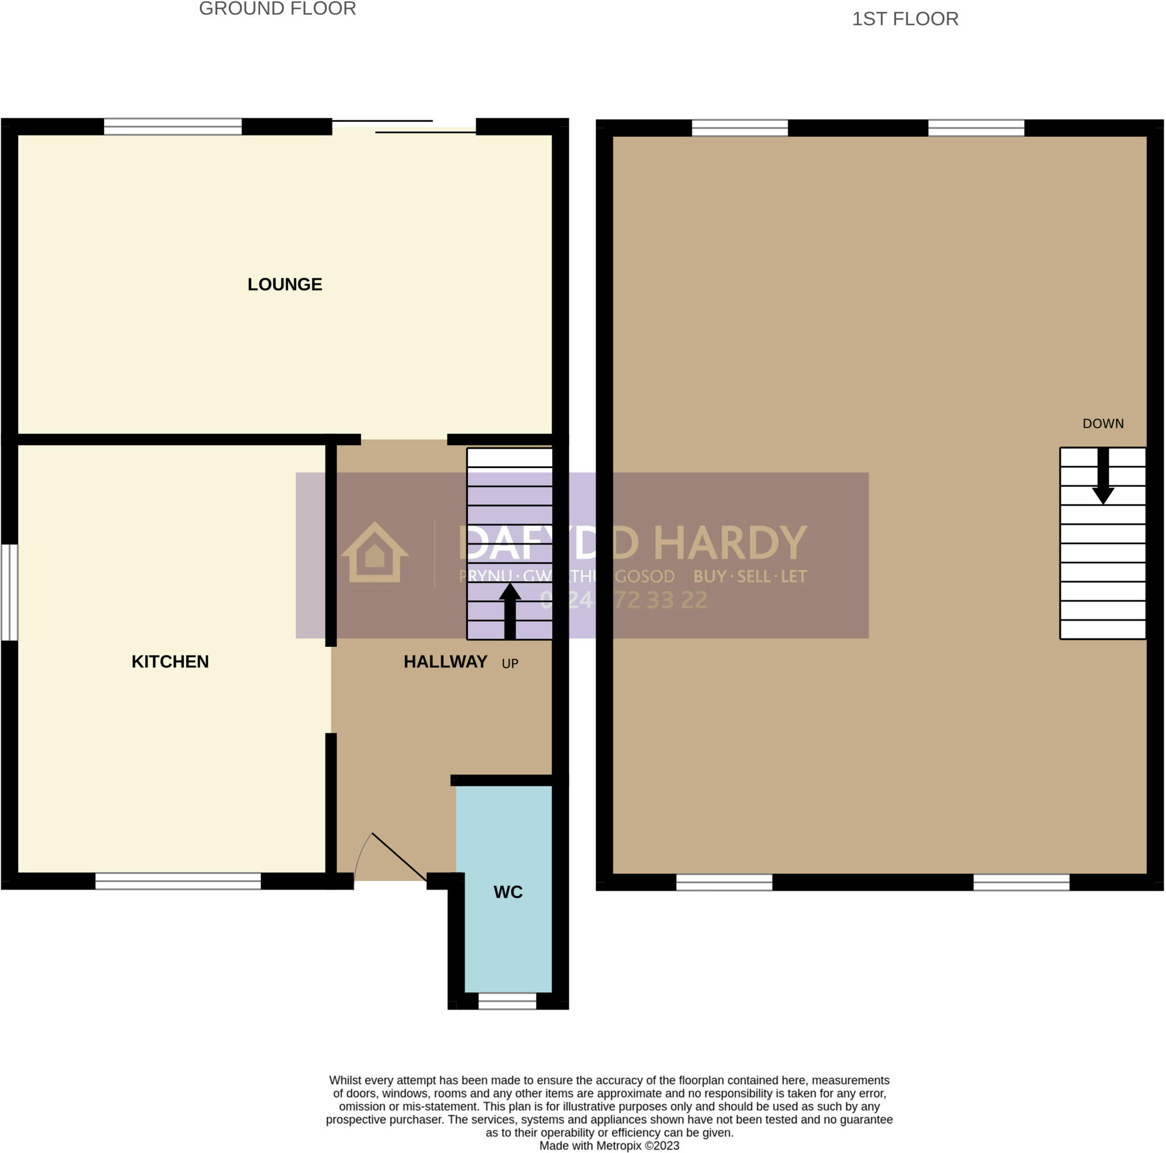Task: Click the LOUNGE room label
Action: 285,284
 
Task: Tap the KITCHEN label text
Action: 170,662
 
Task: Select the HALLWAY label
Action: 445,662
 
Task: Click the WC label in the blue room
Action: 507,892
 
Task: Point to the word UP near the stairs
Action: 510,663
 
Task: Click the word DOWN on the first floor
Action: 1103,424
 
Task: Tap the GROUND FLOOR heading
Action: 278,9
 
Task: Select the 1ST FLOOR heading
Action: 905,19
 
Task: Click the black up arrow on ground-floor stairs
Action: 510,610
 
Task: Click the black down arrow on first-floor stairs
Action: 1103,477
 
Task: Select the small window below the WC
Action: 507,1002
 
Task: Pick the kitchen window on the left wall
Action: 10,592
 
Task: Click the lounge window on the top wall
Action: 173,127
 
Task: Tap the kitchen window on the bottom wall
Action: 178,881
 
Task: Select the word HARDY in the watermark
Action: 730,543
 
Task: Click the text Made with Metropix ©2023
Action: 609,1145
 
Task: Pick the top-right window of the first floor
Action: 976,128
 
